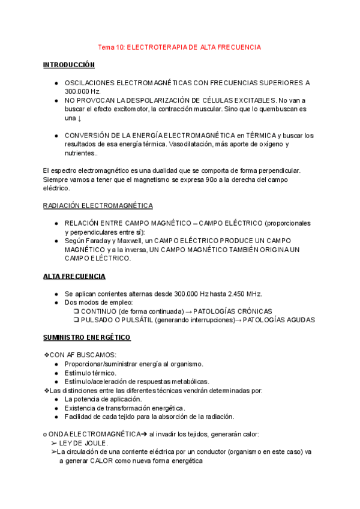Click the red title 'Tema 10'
pyautogui.click(x=112, y=47)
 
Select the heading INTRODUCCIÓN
pyautogui.click(x=69, y=64)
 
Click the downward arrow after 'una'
pyautogui.click(x=80, y=118)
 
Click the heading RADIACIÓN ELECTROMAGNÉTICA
pyautogui.click(x=98, y=206)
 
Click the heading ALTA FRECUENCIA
pyautogui.click(x=74, y=276)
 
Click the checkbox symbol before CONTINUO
pyautogui.click(x=76, y=312)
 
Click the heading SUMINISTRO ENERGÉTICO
pyautogui.click(x=87, y=338)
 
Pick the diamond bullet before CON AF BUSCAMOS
pyautogui.click(x=47, y=355)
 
